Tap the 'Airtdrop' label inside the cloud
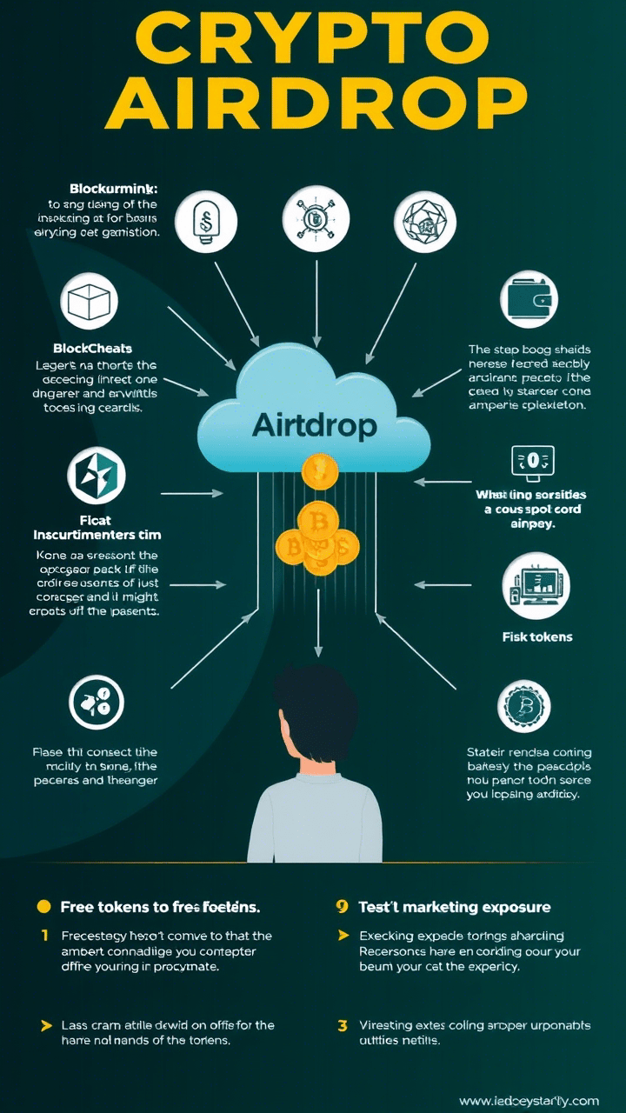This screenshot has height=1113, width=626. tap(314, 425)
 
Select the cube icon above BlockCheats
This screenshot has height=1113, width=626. tap(89, 302)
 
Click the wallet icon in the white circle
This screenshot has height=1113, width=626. tap(529, 299)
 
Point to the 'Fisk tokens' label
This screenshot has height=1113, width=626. tap(537, 636)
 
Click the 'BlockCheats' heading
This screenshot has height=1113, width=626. tap(92, 349)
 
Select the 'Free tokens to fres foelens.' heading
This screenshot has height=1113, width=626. tap(160, 907)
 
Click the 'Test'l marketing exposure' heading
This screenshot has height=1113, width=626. tap(455, 907)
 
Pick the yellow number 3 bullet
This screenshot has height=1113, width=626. tap(343, 1026)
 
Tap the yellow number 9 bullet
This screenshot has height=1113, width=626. tap(343, 907)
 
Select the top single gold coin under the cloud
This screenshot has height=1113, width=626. tap(319, 471)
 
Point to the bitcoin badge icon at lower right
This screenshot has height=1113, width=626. tap(524, 703)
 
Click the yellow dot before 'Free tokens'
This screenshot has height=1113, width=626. tap(44, 907)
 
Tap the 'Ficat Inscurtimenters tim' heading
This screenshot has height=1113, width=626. tap(97, 526)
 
